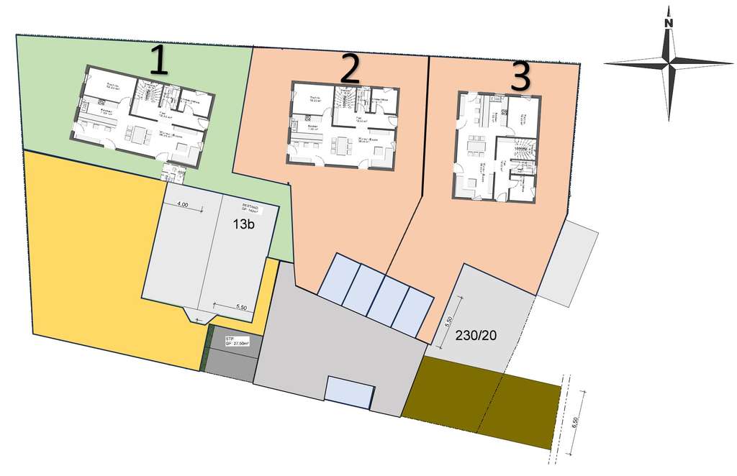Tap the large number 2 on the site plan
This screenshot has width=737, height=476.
click(x=350, y=69)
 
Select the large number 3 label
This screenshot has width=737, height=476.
click(x=520, y=77)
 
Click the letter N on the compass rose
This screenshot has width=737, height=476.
click(x=669, y=22)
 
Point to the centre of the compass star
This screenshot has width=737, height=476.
click(x=669, y=63)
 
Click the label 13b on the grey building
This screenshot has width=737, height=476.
click(x=243, y=223)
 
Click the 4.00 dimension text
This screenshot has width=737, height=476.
click(x=181, y=205)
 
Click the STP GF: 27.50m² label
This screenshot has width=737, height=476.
click(x=237, y=341)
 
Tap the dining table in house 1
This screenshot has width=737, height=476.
click(x=137, y=134)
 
